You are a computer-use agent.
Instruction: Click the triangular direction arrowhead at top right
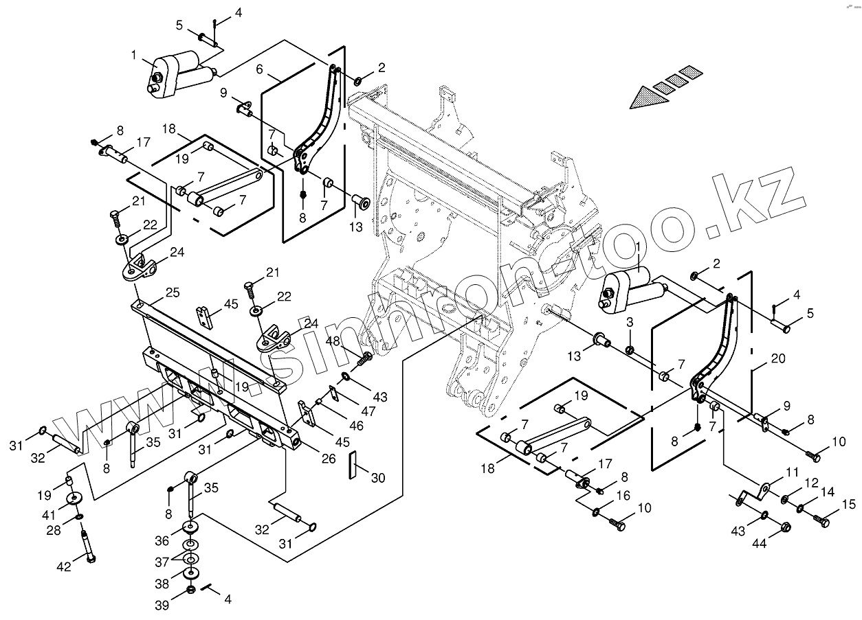(x=650, y=96)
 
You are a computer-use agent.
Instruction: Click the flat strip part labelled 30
(x=353, y=466)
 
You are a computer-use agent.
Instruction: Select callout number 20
(x=777, y=358)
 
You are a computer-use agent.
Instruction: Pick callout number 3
(x=629, y=323)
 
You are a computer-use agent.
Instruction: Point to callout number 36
(x=162, y=540)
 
